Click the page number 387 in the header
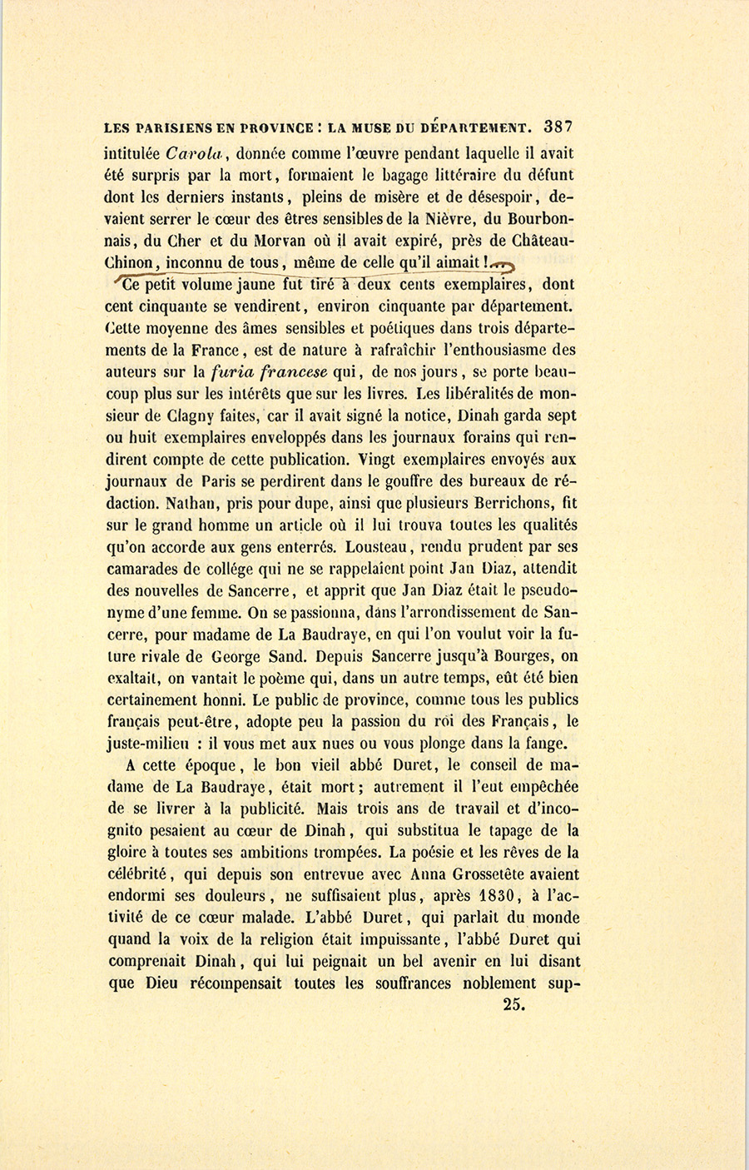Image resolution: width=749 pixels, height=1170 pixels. [x=558, y=127]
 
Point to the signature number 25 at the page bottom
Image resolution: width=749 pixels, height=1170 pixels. [x=513, y=1004]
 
